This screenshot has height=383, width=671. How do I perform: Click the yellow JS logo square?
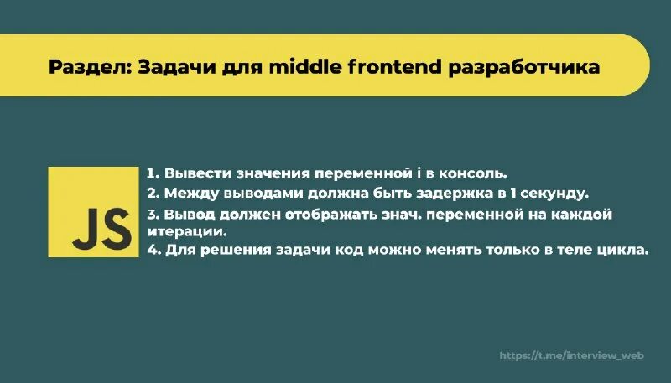tap(93, 212)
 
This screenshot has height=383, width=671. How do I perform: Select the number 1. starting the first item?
tap(153, 173)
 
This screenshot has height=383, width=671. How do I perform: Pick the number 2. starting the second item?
tap(153, 194)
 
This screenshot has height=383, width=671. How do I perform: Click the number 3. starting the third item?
tap(153, 214)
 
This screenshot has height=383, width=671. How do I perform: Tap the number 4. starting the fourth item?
tap(153, 250)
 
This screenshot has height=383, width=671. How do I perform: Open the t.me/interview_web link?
tap(570, 355)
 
